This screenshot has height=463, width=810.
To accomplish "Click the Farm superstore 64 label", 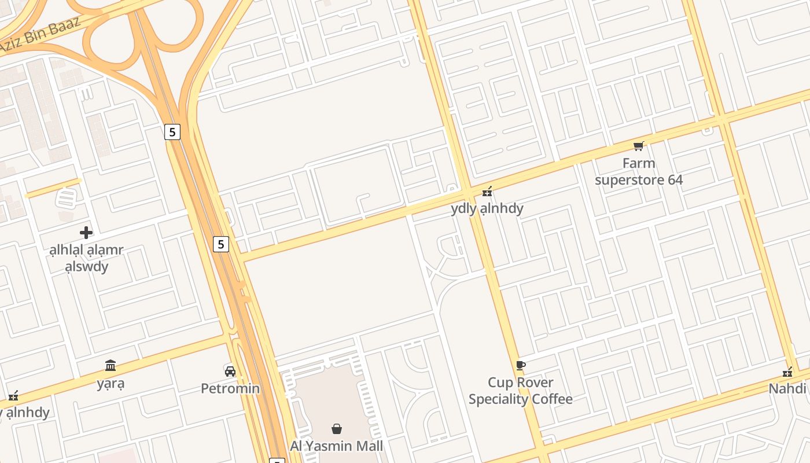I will pos(639,172).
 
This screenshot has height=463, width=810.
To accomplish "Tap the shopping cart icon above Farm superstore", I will pos(638,146).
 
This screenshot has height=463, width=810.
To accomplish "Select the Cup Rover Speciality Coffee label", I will pos(520,391).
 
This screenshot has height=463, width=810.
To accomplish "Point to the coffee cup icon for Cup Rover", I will pos(520,365).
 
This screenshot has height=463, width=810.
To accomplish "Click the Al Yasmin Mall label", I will pos(336,446).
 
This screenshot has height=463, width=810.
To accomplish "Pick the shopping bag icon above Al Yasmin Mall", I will pos(336,429).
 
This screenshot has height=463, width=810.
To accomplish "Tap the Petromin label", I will pos(230,388).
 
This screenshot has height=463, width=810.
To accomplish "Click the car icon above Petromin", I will pos(230,371).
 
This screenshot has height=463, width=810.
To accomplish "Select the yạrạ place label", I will pos(111,383).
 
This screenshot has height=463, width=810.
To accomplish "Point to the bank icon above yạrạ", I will pos(111,366).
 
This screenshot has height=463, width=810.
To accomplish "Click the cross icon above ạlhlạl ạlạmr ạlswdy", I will pos(86,233).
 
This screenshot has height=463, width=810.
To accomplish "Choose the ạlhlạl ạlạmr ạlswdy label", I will pos(86,259).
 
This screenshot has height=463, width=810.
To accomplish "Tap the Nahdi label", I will pos(787,388).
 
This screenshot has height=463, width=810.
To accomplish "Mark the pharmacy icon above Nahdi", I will pos(787,372).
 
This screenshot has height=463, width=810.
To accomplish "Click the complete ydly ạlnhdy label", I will pos(487,208).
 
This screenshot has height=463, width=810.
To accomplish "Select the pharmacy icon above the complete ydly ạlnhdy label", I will pos(487,191).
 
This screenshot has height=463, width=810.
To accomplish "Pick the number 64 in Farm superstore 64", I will pos(675,180).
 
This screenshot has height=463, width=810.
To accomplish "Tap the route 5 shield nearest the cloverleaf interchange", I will pos(172,132).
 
